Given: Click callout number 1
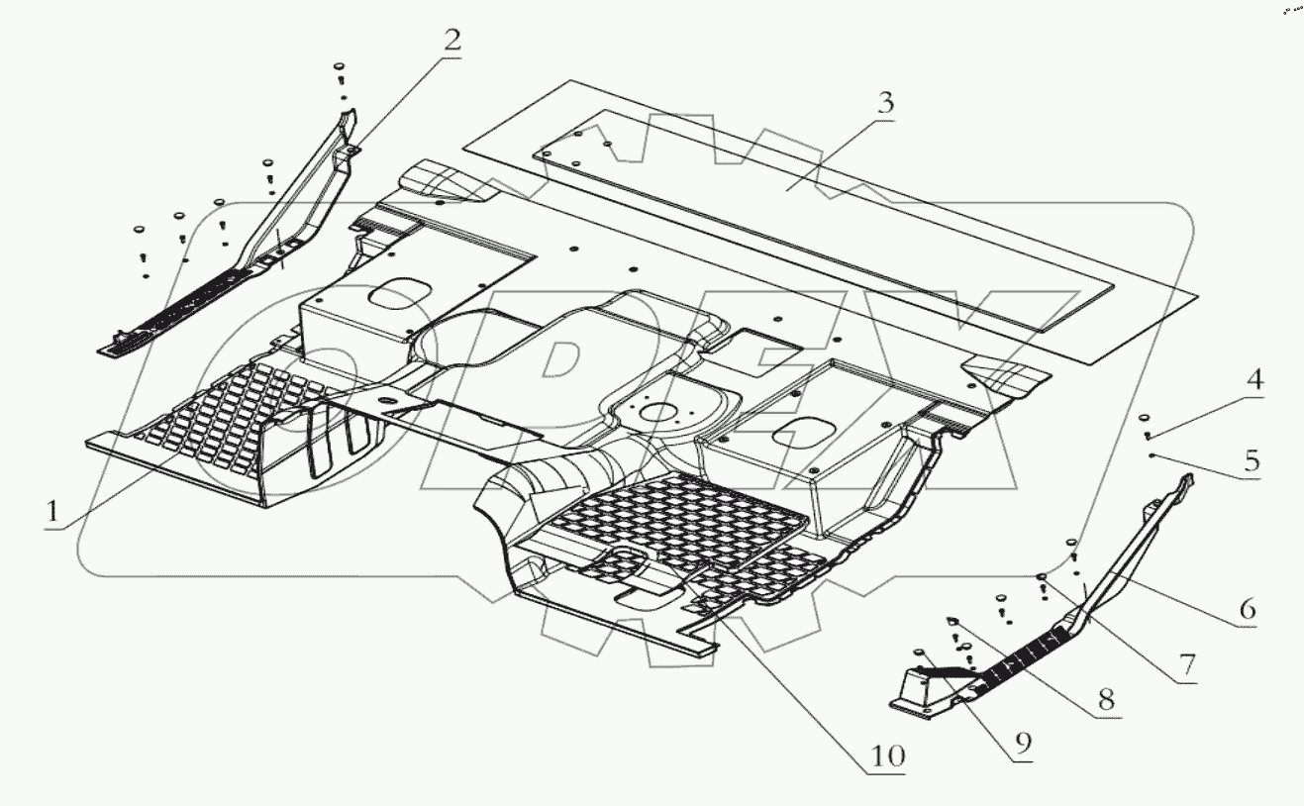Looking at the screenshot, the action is point(52,512).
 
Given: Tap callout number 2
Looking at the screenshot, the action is point(451,41).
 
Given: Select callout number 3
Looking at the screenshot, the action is point(885,103).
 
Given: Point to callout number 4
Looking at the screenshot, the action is point(1254,379).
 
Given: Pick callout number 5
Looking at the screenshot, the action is point(1252,460).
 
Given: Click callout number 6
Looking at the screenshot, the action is point(1248,609).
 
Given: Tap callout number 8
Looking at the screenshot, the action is point(1106,699).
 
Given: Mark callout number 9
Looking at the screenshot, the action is point(1023,743).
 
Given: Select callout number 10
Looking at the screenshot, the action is point(888,756).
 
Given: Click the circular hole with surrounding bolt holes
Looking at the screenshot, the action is point(656,413).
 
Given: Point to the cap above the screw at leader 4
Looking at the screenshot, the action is point(1144,418).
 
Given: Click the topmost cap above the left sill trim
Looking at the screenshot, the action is point(340,65).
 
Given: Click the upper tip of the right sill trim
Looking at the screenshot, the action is point(1186,477).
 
